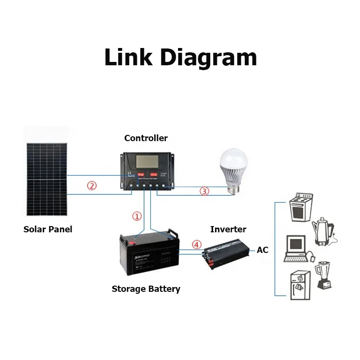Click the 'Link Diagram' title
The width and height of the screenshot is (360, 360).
pyautogui.click(x=180, y=58)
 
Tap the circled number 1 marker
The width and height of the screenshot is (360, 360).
pyautogui.click(x=137, y=216)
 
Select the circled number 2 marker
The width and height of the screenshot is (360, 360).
pyautogui.click(x=91, y=186)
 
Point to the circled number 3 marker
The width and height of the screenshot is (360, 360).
pyautogui.click(x=204, y=191)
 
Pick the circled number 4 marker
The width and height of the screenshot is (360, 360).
pyautogui.click(x=196, y=244)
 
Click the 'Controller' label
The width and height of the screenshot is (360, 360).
pyautogui.click(x=146, y=138)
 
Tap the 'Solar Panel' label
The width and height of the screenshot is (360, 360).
pyautogui.click(x=48, y=229)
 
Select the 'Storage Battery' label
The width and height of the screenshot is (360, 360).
pyautogui.click(x=146, y=289)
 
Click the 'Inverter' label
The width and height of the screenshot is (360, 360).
pyautogui.click(x=228, y=229)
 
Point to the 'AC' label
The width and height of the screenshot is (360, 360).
pyautogui.click(x=263, y=250)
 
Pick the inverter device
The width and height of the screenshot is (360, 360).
pyautogui.click(x=228, y=254)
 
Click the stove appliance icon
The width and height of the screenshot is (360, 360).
pyautogui.click(x=300, y=207)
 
